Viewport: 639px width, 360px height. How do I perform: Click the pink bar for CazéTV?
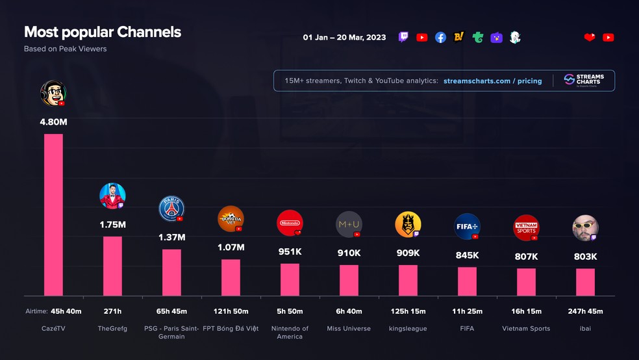[x=53, y=214]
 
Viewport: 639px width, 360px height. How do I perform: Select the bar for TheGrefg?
[x=112, y=266]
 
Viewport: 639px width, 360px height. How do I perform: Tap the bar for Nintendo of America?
[x=290, y=279]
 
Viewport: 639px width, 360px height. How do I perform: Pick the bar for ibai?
[x=585, y=282]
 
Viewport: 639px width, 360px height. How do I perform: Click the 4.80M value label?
[x=53, y=122]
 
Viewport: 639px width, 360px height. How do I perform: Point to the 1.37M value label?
[x=171, y=237]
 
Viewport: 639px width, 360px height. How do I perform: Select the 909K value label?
[x=408, y=253]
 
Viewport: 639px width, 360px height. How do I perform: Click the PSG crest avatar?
[x=171, y=209]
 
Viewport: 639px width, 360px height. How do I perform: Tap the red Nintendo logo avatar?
[x=289, y=223]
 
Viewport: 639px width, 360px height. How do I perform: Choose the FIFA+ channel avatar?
[x=467, y=227]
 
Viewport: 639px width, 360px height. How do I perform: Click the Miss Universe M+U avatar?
[x=349, y=224]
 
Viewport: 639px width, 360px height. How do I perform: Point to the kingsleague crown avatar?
[x=408, y=224]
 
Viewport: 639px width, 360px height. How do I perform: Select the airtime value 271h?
[x=112, y=312]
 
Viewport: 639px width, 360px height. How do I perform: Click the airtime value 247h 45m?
[x=585, y=312]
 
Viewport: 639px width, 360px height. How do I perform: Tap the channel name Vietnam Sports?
[x=526, y=329]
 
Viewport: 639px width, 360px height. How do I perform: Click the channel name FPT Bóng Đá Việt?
[x=231, y=329]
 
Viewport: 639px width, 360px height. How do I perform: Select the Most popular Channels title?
[x=103, y=32]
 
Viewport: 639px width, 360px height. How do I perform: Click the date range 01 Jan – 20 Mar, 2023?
[x=344, y=38]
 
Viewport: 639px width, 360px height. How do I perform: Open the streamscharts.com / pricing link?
[x=492, y=81]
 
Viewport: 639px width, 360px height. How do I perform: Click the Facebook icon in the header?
[x=440, y=38]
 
